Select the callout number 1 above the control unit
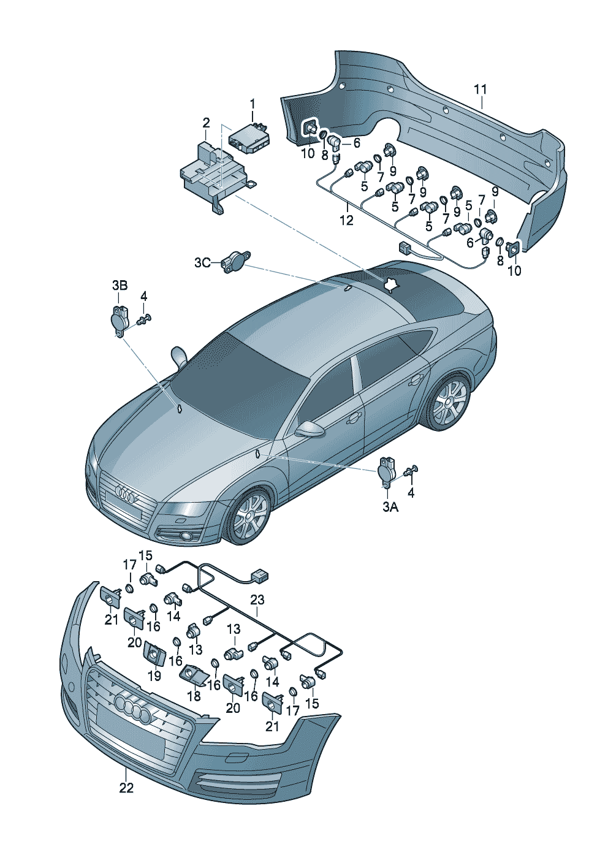click(x=252, y=104)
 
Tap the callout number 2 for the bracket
click(x=206, y=123)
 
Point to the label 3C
click(x=202, y=263)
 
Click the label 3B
click(x=120, y=285)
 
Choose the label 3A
click(x=390, y=507)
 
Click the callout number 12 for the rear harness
click(x=347, y=220)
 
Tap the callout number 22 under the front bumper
click(x=126, y=788)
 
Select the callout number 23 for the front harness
click(x=257, y=599)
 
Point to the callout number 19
click(x=154, y=675)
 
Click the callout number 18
click(x=194, y=696)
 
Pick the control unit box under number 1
click(x=249, y=137)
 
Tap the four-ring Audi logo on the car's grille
click(x=125, y=495)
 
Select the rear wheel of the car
click(x=449, y=403)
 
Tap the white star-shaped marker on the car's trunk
click(x=389, y=284)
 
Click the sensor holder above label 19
click(x=153, y=653)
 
